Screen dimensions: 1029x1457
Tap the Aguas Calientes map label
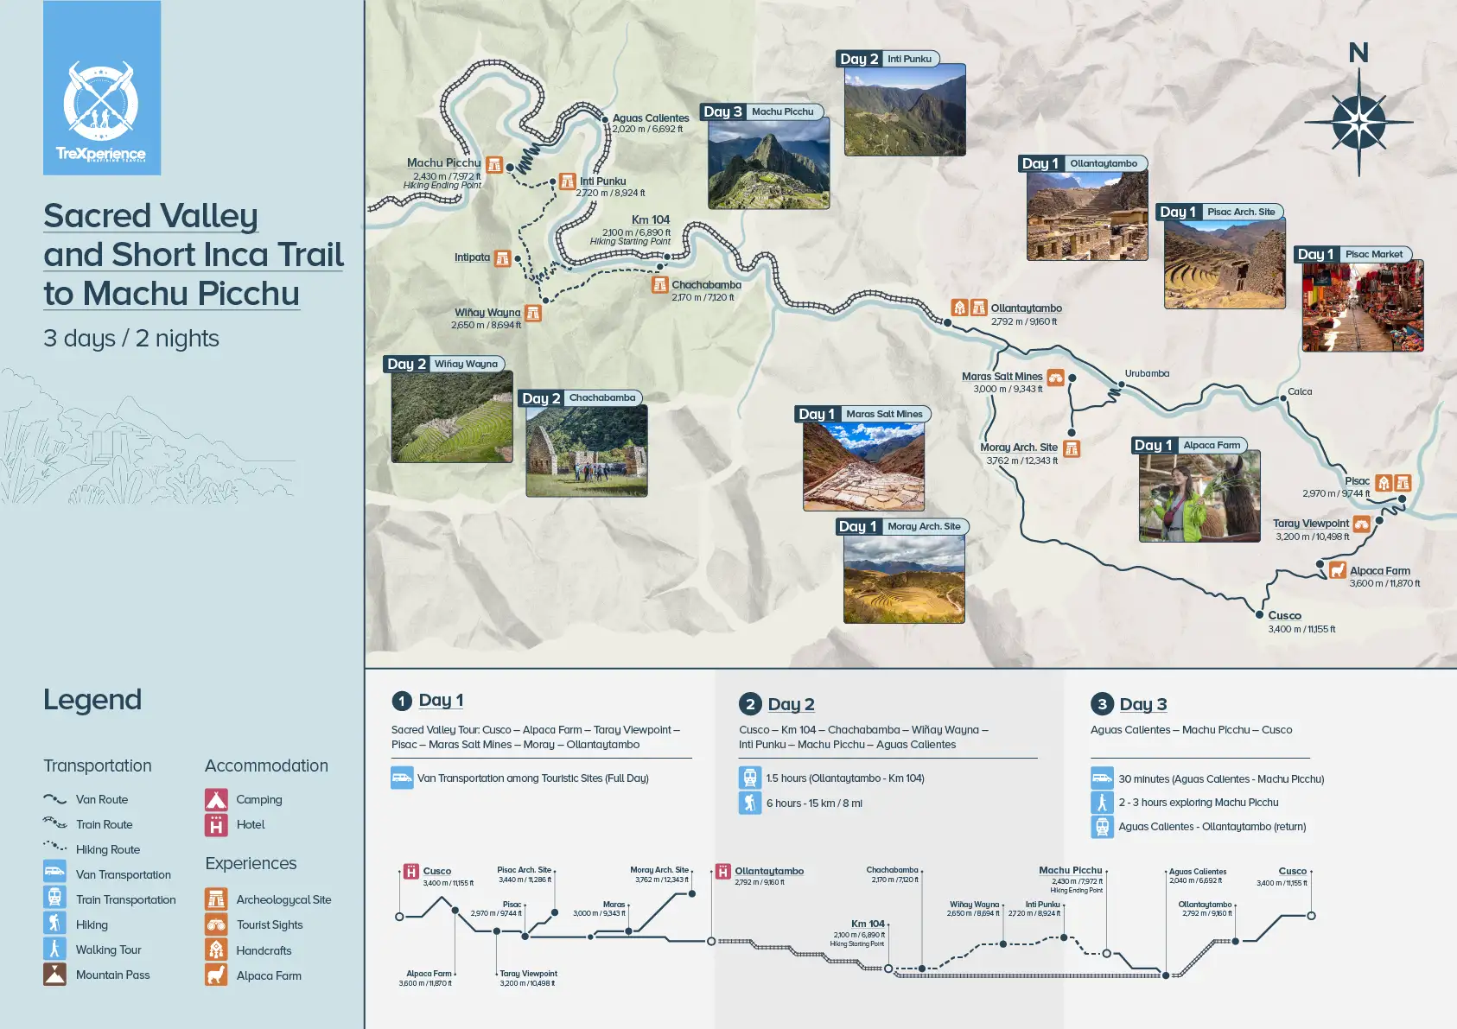pyautogui.click(x=650, y=118)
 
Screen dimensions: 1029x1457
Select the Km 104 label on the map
pyautogui.click(x=650, y=220)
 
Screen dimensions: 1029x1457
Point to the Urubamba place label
pyautogui.click(x=1147, y=373)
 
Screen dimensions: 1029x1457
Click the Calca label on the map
pyautogui.click(x=1299, y=391)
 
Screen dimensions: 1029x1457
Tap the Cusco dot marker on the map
pyautogui.click(x=1259, y=614)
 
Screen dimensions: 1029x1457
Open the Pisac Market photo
pyautogui.click(x=1362, y=307)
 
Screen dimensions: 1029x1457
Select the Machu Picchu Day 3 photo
pyautogui.click(x=768, y=163)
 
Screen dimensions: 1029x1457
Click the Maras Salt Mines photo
pyautogui.click(x=863, y=467)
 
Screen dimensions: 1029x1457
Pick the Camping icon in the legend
pyautogui.click(x=216, y=799)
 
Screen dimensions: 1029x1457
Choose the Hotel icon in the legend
pyautogui.click(x=216, y=825)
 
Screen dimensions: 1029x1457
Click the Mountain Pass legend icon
pyautogui.click(x=54, y=975)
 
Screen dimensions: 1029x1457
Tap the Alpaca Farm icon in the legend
pyautogui.click(x=216, y=975)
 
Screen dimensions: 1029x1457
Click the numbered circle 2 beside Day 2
pyautogui.click(x=750, y=704)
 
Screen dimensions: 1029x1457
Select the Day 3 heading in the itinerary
pyautogui.click(x=1142, y=704)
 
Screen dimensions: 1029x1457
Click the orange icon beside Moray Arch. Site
pyautogui.click(x=1072, y=448)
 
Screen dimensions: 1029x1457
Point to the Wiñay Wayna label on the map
pyautogui.click(x=487, y=313)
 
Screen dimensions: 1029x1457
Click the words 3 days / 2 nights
pyautogui.click(x=131, y=339)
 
